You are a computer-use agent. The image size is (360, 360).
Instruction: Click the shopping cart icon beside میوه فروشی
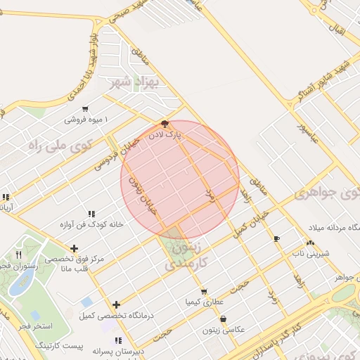pos(85,109)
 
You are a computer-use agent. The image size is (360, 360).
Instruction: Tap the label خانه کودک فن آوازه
pos(91,224)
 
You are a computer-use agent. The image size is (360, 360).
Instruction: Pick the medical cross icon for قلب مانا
pos(75,247)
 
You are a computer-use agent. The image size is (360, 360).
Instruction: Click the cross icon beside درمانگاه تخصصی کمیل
pos(117,304)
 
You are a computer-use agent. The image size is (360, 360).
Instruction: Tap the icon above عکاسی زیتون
pos(224,319)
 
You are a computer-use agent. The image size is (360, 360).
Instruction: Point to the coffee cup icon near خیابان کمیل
pos(276,238)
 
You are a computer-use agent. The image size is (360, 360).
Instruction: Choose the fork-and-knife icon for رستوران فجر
pos(19,255)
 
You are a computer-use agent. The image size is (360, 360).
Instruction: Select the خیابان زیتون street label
pos(141,194)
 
